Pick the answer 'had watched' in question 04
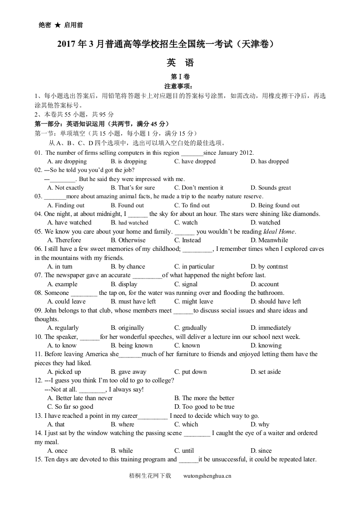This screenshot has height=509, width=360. pos(129,223)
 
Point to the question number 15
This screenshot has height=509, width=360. pos(38,460)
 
